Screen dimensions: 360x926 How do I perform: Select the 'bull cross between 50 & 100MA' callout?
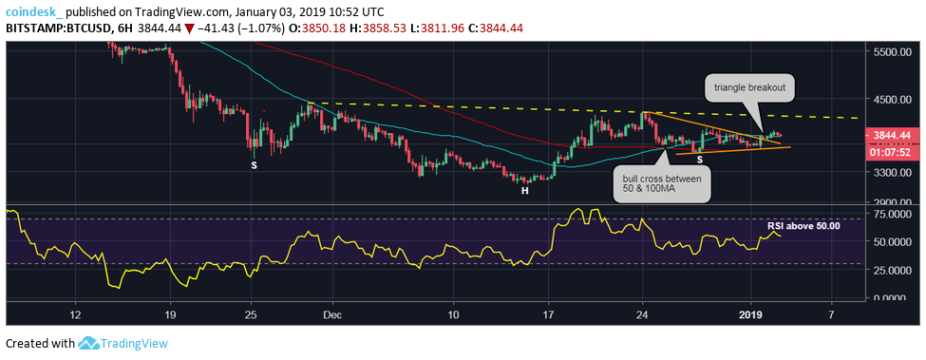point(662,186)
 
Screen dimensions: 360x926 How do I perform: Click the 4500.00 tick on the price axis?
point(895,99)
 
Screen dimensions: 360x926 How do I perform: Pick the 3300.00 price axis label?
point(895,173)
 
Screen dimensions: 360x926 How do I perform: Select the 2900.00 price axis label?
point(895,203)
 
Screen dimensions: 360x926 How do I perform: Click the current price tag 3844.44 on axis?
point(895,136)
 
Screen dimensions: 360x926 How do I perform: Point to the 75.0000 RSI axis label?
point(897,216)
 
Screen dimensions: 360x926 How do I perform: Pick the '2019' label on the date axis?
point(751,313)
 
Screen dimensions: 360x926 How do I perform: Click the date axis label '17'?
point(548,313)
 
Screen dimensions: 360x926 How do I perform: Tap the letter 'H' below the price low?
point(523,191)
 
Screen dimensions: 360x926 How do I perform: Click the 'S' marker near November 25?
point(254,165)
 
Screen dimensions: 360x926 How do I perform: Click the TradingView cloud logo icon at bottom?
point(90,343)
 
